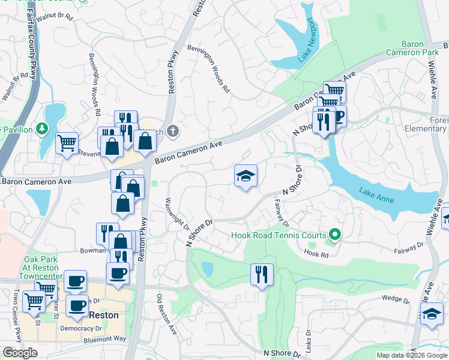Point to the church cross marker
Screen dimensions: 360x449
pos(173,131)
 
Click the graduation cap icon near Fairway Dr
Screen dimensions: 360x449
pos(246,176)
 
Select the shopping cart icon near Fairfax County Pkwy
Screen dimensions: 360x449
pos(67,143)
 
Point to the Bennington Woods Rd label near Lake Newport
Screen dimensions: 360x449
pos(208,68)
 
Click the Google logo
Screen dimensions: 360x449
pos(20,353)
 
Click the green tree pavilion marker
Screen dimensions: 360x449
pos(41,128)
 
